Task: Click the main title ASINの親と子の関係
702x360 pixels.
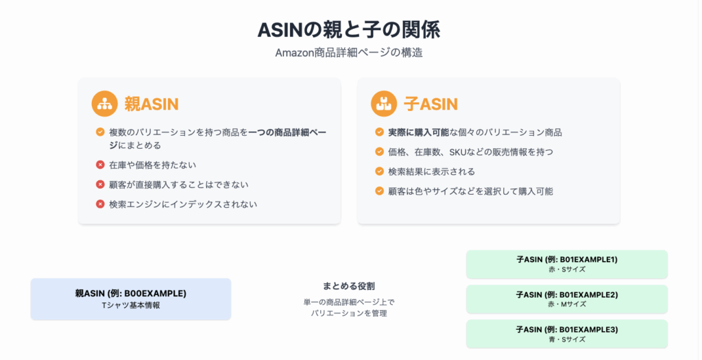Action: pos(349,29)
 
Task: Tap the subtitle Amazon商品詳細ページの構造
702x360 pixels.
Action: pos(349,52)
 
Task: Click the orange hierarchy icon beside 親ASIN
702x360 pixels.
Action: pos(104,104)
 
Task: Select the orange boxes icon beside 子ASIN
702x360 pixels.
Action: pos(384,104)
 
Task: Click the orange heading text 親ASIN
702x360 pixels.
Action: pos(152,104)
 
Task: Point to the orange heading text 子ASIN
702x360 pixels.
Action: pos(431,104)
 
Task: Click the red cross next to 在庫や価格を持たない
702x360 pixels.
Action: pos(100,165)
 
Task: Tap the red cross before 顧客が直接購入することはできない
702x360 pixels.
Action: pos(100,184)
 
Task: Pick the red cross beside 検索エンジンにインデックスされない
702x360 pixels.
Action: pos(100,204)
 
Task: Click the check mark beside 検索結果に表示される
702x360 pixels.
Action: pos(379,171)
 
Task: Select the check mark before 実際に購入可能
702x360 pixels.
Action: pos(379,132)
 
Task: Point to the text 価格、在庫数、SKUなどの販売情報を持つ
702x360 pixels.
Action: pos(470,152)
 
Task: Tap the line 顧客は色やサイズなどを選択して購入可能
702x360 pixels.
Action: pos(470,191)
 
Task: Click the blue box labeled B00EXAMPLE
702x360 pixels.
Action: pos(131,299)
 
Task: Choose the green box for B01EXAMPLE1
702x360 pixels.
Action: pos(567,264)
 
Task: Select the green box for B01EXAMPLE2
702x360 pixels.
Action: pos(567,299)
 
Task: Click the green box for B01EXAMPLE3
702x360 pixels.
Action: pos(567,334)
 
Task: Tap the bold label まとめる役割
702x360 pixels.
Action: pos(349,286)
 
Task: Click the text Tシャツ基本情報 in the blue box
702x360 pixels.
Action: pos(131,305)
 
